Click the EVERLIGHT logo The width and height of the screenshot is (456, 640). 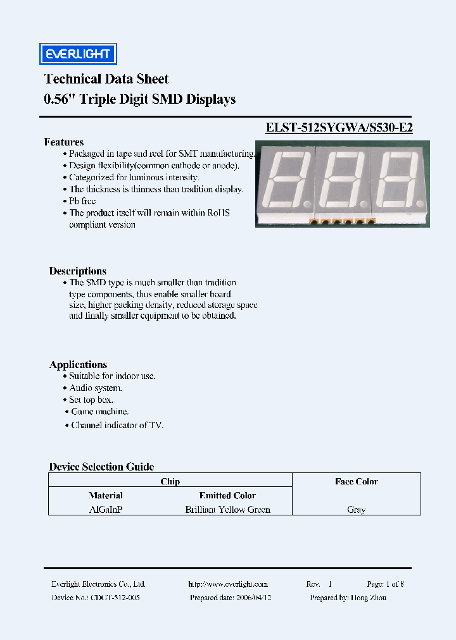click(x=78, y=54)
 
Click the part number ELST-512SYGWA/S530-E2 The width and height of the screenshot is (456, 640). click(x=339, y=126)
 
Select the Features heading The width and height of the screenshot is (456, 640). click(x=63, y=142)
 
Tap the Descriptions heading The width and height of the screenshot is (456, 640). click(x=78, y=271)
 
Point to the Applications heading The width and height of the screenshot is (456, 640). click(x=78, y=364)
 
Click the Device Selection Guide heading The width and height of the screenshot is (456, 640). click(x=101, y=467)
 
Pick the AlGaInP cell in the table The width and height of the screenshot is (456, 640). click(x=106, y=509)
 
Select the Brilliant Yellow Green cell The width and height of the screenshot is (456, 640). click(x=227, y=509)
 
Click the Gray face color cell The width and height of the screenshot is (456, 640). click(x=356, y=510)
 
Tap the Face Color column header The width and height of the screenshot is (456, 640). click(x=356, y=481)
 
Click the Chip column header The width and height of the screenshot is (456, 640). click(x=170, y=481)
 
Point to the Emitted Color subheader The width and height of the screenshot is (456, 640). click(x=227, y=495)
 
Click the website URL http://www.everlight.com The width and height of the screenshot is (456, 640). click(x=228, y=584)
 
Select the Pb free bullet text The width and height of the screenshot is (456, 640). click(x=82, y=201)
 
